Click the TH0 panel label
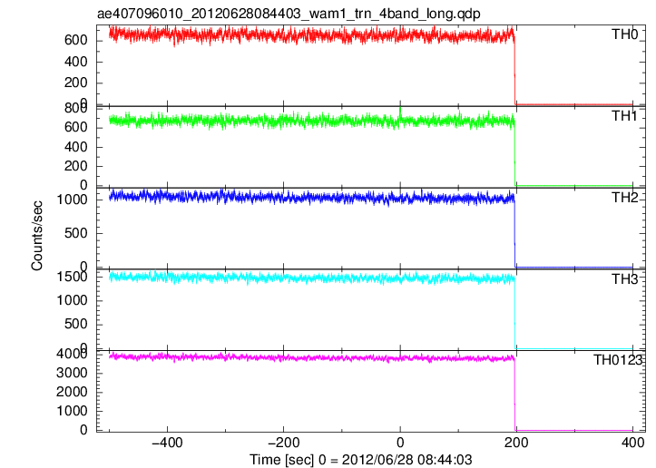[624, 34]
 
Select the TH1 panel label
[624, 116]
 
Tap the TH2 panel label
[624, 198]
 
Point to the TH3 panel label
[624, 279]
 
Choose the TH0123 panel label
[618, 360]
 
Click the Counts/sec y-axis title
[37, 236]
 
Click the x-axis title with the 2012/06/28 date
[360, 460]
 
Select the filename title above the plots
[289, 14]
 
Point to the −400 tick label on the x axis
[167, 443]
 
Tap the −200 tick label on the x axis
[283, 443]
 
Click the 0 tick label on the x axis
[400, 443]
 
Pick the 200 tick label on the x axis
[516, 443]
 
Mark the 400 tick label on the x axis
[632, 443]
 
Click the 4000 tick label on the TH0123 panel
[72, 354]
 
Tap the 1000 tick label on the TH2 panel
[72, 200]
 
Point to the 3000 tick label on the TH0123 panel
[72, 373]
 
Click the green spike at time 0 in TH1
[400, 112]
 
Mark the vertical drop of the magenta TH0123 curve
[514, 395]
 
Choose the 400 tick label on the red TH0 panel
[75, 62]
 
